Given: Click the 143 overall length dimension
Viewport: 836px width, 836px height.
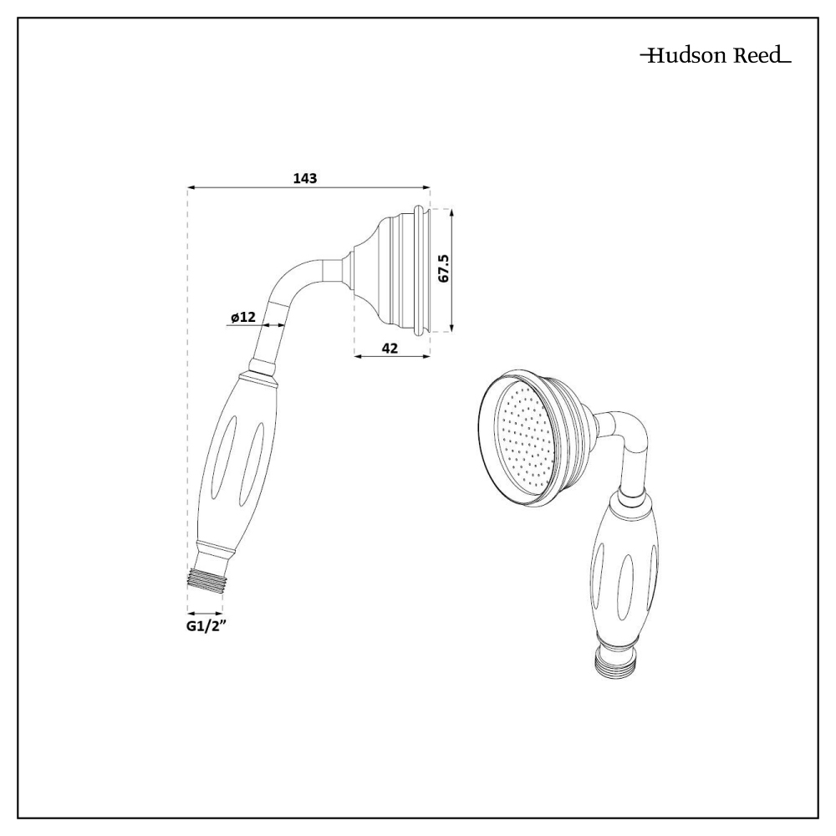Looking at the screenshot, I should pyautogui.click(x=305, y=178).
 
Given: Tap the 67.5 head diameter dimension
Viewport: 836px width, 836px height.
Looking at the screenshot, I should pyautogui.click(x=444, y=269).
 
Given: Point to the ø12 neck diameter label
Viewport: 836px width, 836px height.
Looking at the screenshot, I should pyautogui.click(x=243, y=317).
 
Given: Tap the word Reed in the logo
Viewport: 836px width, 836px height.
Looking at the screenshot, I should pyautogui.click(x=758, y=57).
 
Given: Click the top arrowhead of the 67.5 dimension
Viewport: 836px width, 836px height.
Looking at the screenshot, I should pyautogui.click(x=451, y=212).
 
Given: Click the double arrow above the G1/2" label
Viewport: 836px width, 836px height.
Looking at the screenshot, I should pyautogui.click(x=205, y=612).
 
